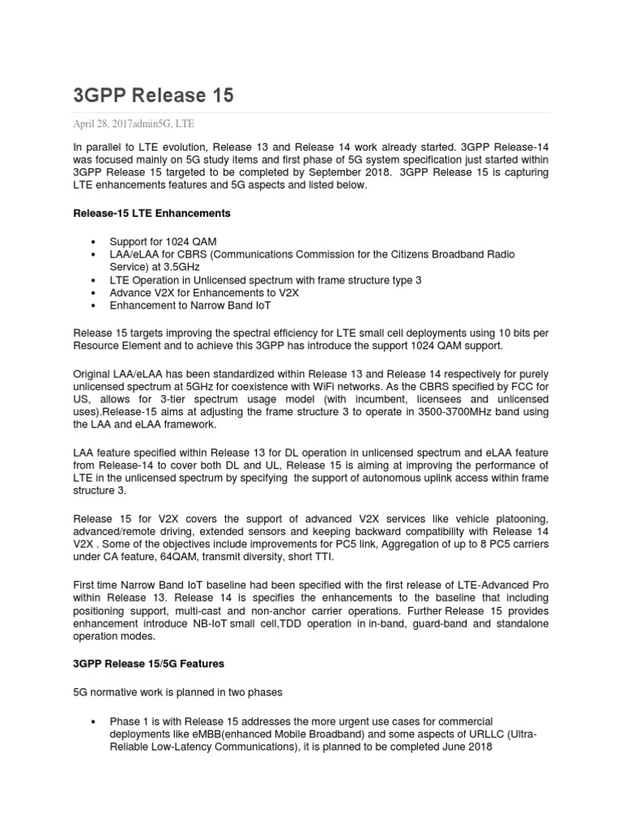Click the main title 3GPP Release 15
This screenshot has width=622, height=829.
tap(153, 96)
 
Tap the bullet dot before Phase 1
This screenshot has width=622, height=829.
tap(96, 721)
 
